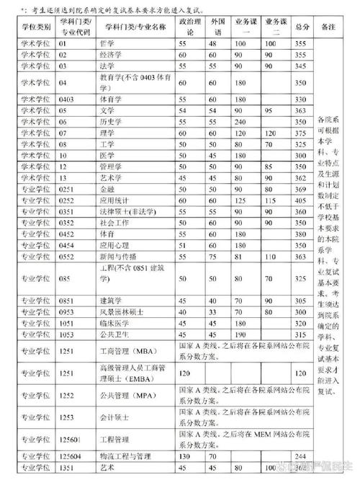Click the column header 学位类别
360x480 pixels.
[x=35, y=26]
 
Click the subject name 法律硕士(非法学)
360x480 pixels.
[x=122, y=212]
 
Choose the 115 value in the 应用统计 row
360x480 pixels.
[x=271, y=200]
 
